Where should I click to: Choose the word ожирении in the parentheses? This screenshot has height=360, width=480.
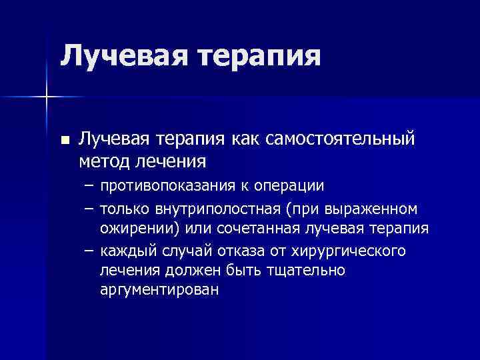click(129, 230)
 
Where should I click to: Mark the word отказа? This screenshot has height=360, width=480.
click(243, 251)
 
